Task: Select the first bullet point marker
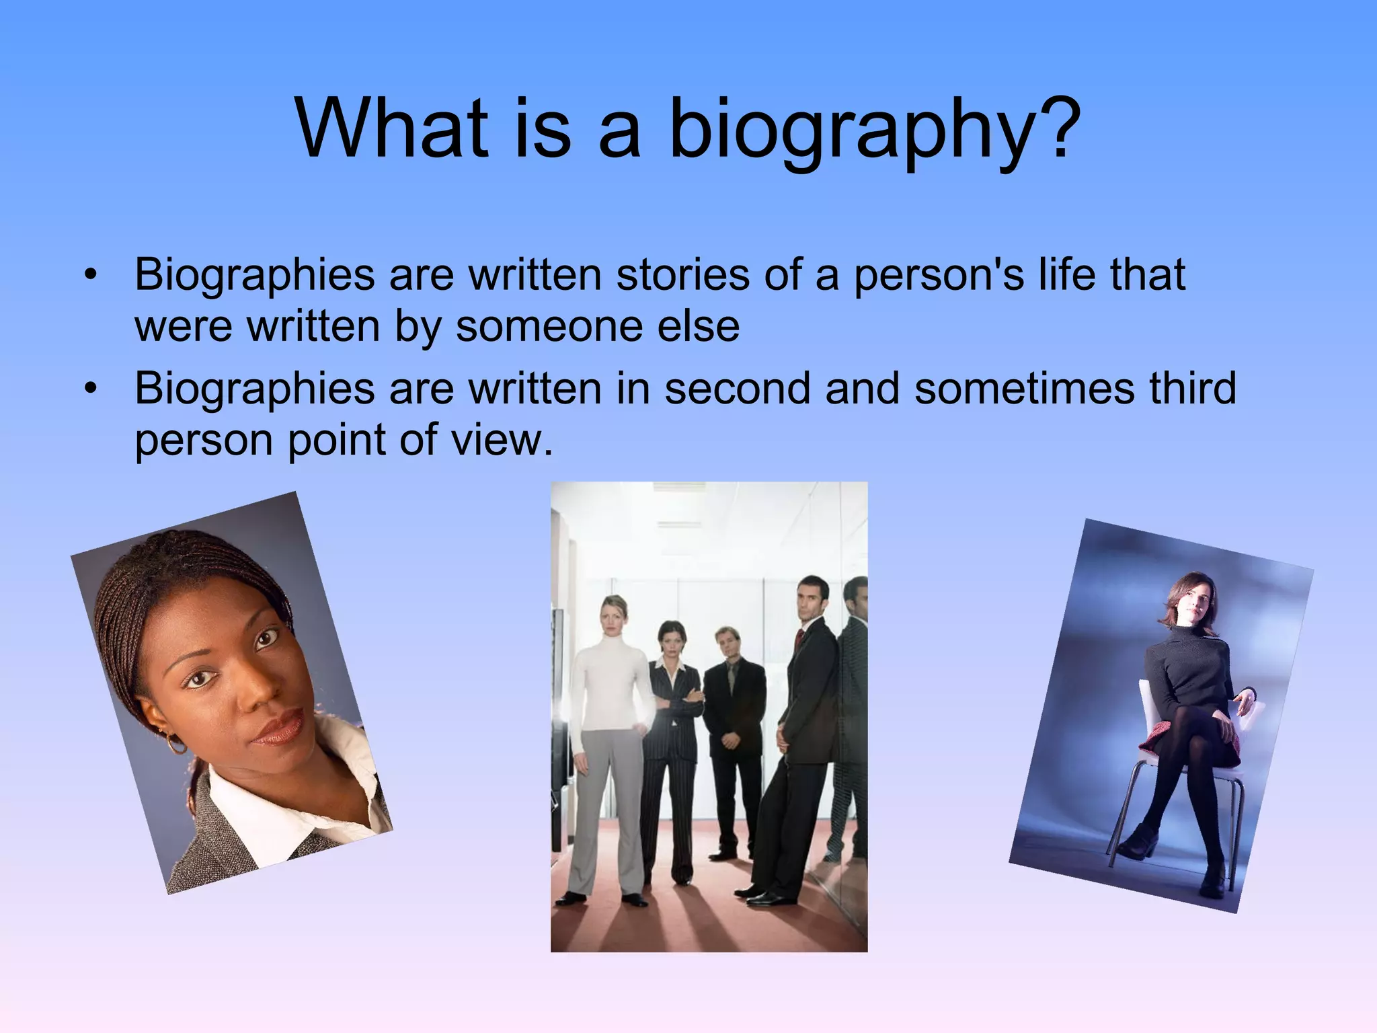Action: (91, 275)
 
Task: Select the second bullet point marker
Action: (91, 389)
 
